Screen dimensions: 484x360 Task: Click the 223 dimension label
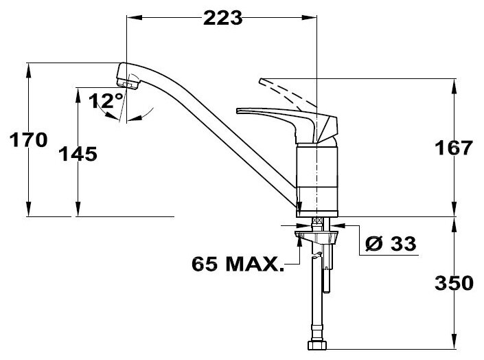point(223,18)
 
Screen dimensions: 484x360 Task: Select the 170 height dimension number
point(28,139)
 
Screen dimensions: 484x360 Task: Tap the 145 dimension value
point(78,154)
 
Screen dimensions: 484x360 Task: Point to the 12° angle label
point(106,101)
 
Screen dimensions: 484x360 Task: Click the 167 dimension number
point(453,148)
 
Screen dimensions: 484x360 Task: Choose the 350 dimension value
point(454,283)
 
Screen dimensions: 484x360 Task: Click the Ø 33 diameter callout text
point(391,243)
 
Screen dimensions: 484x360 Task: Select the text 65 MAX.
point(238,264)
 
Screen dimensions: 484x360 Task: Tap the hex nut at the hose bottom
point(317,345)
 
